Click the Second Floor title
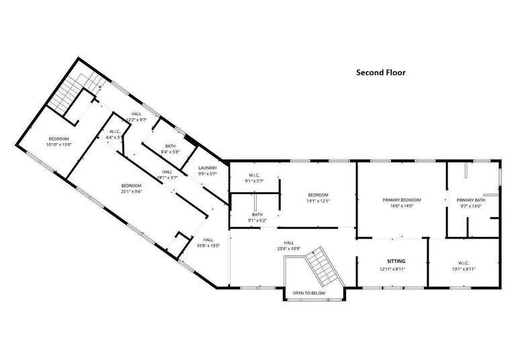coord(380,73)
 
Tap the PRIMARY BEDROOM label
coord(402,199)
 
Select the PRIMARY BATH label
coord(470,199)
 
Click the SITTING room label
coord(396,261)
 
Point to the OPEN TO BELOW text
coord(309,294)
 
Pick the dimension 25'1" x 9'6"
coord(131,191)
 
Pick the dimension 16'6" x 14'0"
coord(402,206)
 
